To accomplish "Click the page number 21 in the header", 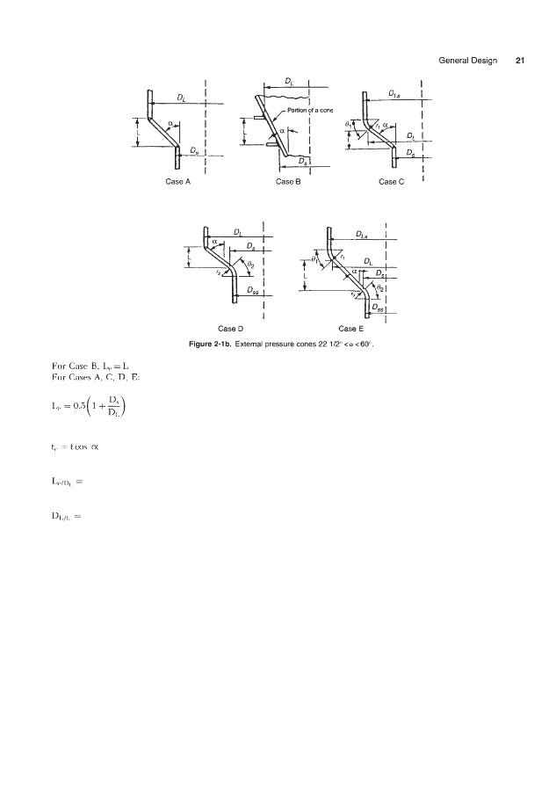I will pyautogui.click(x=520, y=61).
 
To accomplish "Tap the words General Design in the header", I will pyautogui.click(x=466, y=61).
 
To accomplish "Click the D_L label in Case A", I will pyautogui.click(x=181, y=97).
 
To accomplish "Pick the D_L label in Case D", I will pyautogui.click(x=239, y=232).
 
